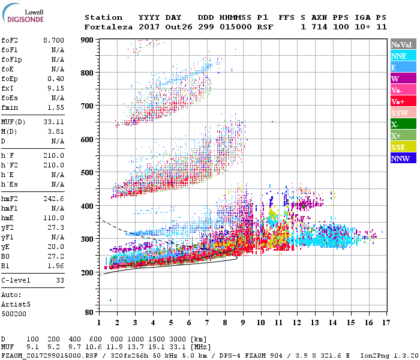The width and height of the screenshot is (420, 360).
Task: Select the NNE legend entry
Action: tap(403, 56)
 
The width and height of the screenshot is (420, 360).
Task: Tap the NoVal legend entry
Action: tap(403, 44)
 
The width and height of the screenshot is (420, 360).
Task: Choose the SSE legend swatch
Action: tap(403, 148)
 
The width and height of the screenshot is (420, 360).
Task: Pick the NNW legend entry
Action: tap(403, 159)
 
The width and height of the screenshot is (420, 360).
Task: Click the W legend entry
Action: tap(403, 79)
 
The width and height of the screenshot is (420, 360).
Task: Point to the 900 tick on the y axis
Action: tap(88, 40)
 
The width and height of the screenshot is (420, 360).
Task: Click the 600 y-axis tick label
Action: tap(88, 140)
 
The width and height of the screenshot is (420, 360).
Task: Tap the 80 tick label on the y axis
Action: tap(89, 312)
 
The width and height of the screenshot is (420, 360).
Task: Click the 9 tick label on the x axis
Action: tap(243, 323)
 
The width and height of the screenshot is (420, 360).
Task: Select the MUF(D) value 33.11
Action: tap(53, 122)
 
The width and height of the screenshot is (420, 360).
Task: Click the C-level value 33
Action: tap(59, 280)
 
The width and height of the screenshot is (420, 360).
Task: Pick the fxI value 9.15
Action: tap(55, 89)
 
